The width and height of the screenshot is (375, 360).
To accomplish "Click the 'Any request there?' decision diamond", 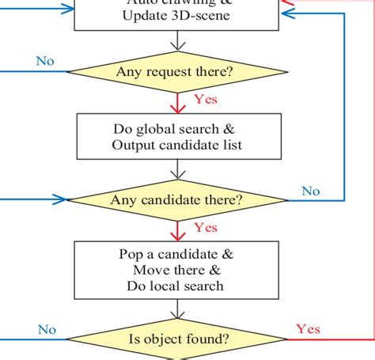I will pos(175,73).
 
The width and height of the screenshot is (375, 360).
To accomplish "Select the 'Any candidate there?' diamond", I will pos(176,199).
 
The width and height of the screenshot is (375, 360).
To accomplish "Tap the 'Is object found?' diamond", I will pos(180,339).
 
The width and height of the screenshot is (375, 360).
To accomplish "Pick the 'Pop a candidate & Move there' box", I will pos(176,270).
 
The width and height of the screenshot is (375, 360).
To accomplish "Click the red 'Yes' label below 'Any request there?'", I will pos(206,100).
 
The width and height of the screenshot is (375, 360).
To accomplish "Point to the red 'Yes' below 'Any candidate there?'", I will pos(206,228).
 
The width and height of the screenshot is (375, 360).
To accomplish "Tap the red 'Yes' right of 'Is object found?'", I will pos(308,328).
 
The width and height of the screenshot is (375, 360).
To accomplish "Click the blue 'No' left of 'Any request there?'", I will pos(45,61).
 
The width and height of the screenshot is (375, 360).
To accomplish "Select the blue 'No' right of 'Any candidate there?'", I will pos(311,191).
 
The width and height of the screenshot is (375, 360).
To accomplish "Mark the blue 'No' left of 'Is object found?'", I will pos(47,329).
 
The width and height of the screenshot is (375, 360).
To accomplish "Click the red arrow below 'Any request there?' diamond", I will pos(177,103).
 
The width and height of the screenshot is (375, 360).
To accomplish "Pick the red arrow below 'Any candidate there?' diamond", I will pos(177,231).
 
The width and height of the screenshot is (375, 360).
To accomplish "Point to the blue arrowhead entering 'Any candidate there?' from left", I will pos(60,199).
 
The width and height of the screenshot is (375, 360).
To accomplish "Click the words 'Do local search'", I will pos(176,286).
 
